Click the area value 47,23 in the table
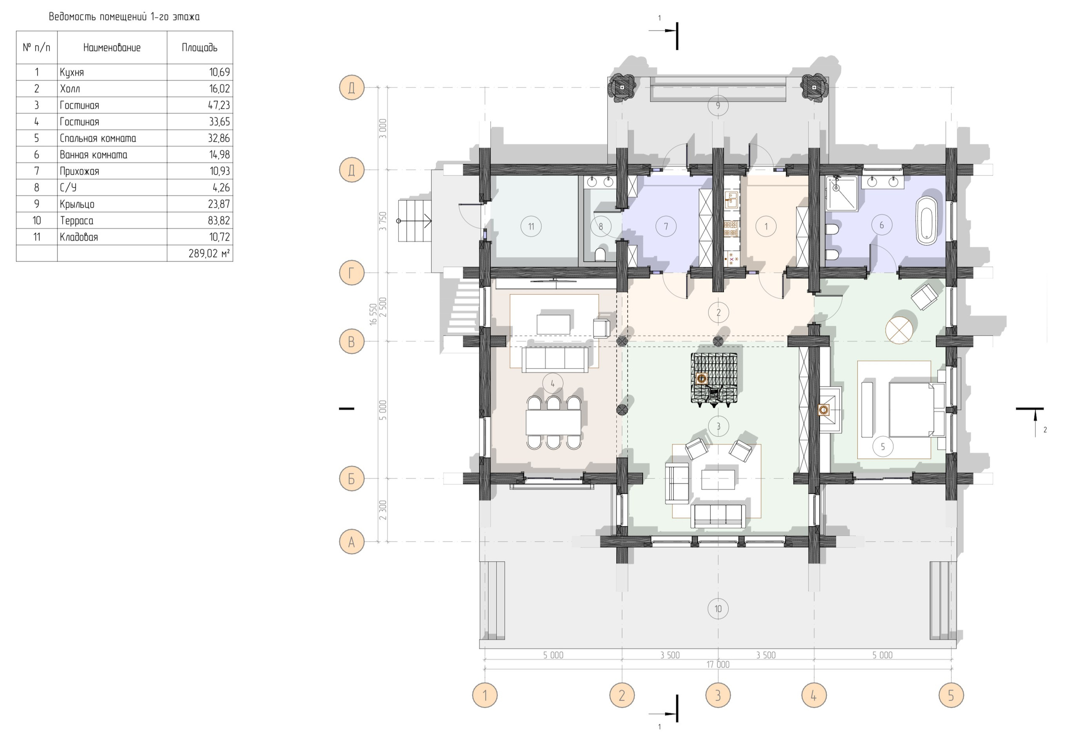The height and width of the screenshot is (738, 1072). [x=219, y=106]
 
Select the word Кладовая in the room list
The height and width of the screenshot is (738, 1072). [x=79, y=237]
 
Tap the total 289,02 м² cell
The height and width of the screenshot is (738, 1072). [x=209, y=253]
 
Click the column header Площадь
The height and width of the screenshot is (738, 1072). [x=199, y=48]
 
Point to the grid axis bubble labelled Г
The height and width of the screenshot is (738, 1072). [x=351, y=273]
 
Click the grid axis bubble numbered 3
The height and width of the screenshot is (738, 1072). [x=718, y=695]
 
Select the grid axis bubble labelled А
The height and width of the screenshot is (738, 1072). [x=351, y=542]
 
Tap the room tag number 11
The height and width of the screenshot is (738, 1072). [x=531, y=227]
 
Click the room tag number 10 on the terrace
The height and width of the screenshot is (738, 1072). [x=718, y=609]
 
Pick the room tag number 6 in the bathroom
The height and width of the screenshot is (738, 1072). [x=881, y=225]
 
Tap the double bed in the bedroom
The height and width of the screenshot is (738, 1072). [x=910, y=409]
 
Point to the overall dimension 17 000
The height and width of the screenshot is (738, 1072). [x=718, y=664]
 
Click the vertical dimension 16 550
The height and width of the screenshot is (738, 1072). [x=374, y=315]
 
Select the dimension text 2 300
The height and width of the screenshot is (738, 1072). [x=383, y=510]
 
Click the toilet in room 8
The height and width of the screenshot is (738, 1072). [x=600, y=254]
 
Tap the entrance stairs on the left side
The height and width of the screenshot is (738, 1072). [x=415, y=221]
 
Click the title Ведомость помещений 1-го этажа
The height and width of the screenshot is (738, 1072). [x=124, y=17]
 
